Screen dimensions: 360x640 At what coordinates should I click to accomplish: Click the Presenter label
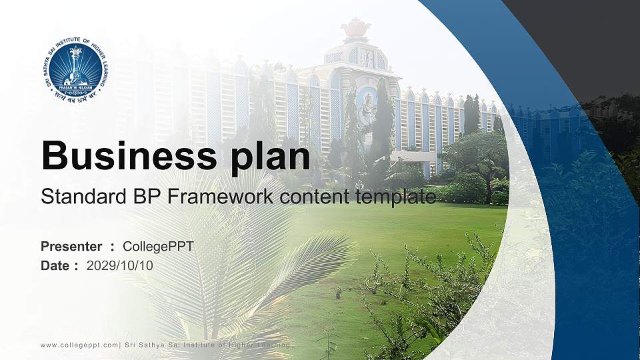click(71, 247)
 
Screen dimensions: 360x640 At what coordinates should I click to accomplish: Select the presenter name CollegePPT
click(159, 247)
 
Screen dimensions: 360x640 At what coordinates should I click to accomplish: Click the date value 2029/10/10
click(120, 265)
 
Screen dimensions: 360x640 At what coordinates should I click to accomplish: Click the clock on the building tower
click(367, 58)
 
